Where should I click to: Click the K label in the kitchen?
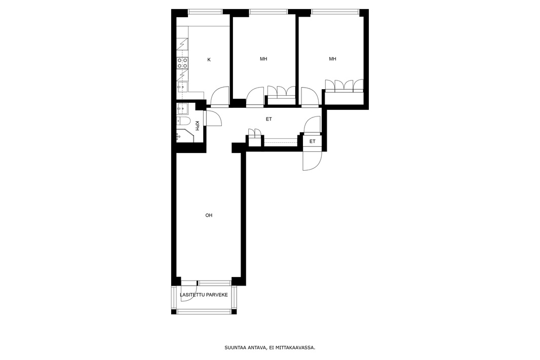209,60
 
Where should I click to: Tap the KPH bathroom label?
198,126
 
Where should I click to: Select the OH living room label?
209,216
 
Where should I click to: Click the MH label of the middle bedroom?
263,59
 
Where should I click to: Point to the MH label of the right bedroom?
332,59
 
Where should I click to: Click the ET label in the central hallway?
268,119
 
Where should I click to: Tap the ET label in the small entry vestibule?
313,141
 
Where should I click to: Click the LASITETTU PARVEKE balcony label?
204,295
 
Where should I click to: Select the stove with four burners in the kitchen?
182,63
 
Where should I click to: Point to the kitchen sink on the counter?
182,87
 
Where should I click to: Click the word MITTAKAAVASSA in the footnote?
296,348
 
